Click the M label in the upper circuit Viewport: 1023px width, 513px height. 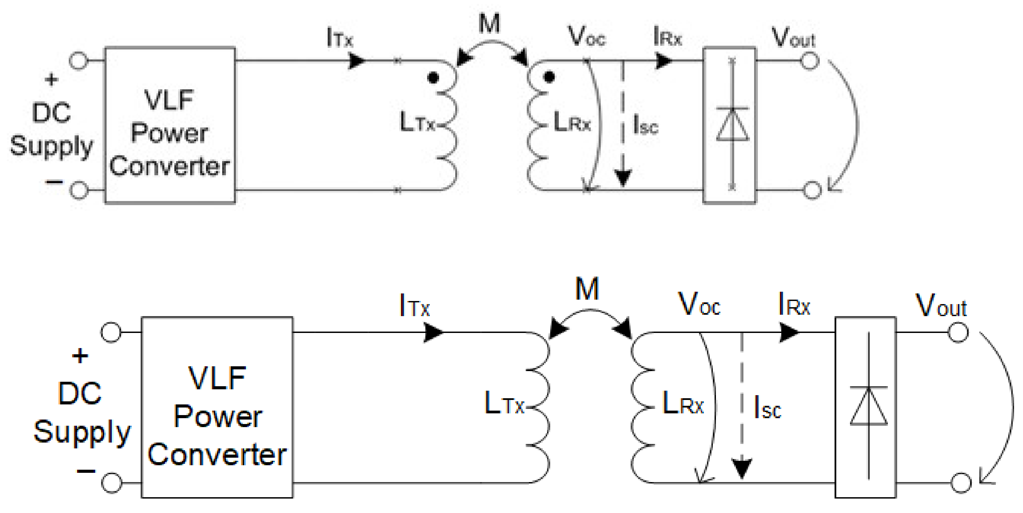pyautogui.click(x=489, y=24)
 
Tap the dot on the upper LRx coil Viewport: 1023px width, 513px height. pyautogui.click(x=549, y=77)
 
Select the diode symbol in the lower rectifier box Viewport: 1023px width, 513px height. pyautogui.click(x=869, y=405)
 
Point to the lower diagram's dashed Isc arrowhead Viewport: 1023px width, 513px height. pyautogui.click(x=741, y=468)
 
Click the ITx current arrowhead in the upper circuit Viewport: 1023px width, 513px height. pyautogui.click(x=356, y=61)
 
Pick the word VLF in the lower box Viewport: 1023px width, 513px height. pyautogui.click(x=217, y=378)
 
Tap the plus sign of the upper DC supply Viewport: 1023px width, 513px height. pyautogui.click(x=51, y=80)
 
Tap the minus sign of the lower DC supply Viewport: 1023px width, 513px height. pyautogui.click(x=86, y=471)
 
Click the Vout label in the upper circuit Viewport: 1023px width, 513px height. pyautogui.click(x=793, y=38)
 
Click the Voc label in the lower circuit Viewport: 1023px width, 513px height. pyautogui.click(x=699, y=305)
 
